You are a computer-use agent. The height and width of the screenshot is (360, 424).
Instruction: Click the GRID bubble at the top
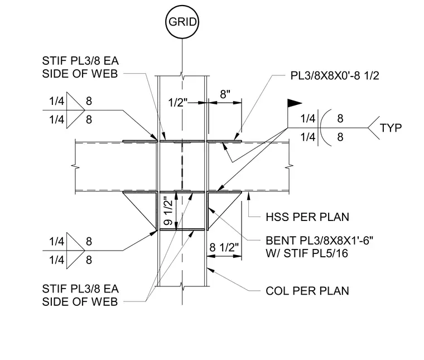pyautogui.click(x=182, y=22)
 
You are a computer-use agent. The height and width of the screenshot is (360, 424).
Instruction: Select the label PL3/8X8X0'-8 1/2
pyautogui.click(x=335, y=76)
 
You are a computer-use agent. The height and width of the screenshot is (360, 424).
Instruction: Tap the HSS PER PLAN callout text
pyautogui.click(x=307, y=217)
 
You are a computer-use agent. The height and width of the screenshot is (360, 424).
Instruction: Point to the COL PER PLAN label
pyautogui.click(x=307, y=291)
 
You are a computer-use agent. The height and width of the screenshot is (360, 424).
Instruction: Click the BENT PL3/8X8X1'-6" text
pyautogui.click(x=319, y=241)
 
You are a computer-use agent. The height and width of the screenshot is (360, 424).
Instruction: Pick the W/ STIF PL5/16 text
pyautogui.click(x=307, y=253)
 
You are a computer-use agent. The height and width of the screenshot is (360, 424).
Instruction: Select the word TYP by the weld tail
pyautogui.click(x=391, y=128)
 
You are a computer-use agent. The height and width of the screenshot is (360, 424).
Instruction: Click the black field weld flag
pyautogui.click(x=294, y=103)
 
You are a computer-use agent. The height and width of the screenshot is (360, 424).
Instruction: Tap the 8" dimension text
pyautogui.click(x=225, y=94)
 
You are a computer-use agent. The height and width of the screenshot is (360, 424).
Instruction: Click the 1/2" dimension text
pyautogui.click(x=177, y=103)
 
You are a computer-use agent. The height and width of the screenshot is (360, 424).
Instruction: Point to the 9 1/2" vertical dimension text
pyautogui.click(x=168, y=213)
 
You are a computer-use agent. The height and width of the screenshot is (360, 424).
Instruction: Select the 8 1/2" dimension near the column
pyautogui.click(x=224, y=247)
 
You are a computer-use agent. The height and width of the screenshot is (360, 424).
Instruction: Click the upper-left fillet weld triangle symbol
pyautogui.click(x=76, y=111)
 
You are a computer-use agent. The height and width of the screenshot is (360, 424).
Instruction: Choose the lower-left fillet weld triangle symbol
pyautogui.click(x=76, y=251)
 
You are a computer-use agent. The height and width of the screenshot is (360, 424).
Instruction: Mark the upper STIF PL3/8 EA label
pyautogui.click(x=80, y=61)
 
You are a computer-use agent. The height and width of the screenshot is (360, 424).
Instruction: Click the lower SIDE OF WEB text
pyautogui.click(x=80, y=302)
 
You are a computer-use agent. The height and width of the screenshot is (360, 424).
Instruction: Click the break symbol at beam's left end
pyautogui.click(x=75, y=166)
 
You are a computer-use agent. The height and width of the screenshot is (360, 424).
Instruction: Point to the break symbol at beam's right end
pyautogui.click(x=290, y=166)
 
